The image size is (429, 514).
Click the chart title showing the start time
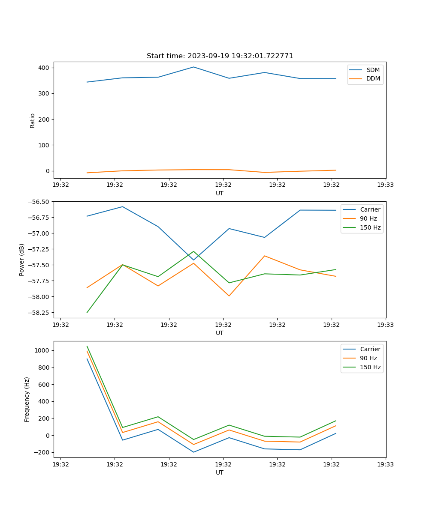[220, 56]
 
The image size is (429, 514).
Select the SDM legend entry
[373, 70]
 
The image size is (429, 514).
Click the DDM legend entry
[373, 78]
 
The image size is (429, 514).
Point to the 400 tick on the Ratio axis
[44, 68]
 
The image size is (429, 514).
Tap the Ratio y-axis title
[33, 120]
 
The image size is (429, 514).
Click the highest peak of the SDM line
[193, 67]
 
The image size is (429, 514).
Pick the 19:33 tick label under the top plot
[386, 185]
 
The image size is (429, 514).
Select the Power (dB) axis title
[22, 260]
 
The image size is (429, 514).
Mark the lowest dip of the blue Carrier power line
[193, 260]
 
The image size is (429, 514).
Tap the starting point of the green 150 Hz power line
[87, 312]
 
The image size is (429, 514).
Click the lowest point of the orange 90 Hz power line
[229, 296]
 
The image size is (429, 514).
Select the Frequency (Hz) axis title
[27, 399]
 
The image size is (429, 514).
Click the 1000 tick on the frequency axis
[42, 350]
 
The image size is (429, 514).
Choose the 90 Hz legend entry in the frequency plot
[368, 358]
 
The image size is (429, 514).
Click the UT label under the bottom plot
[220, 472]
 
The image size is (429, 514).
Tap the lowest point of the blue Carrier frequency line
[193, 452]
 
